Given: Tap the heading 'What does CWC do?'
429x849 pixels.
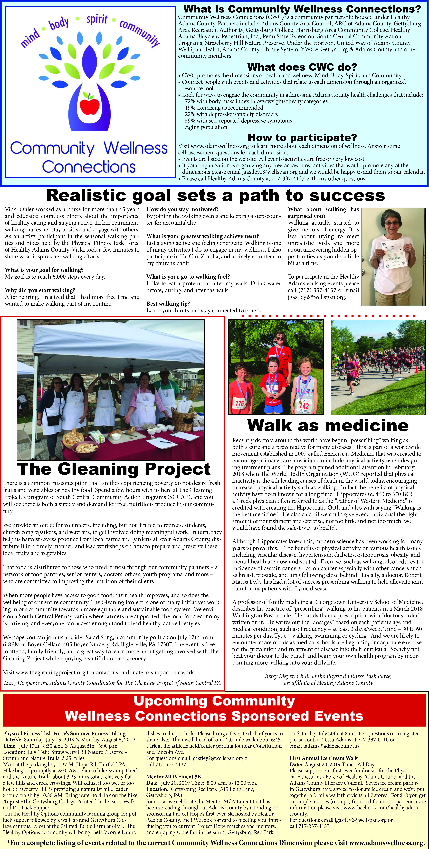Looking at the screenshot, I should [x=302, y=67].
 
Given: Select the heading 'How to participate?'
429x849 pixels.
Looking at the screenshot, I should [x=302, y=137].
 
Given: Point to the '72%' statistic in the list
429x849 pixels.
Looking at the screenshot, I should [x=190, y=101].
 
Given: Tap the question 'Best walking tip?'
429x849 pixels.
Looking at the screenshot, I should [x=168, y=304].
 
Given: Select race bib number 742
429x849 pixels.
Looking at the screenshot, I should [x=304, y=405].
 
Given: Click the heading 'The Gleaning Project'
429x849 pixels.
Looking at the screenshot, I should [x=114, y=469].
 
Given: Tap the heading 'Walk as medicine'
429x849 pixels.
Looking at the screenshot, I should [x=328, y=425].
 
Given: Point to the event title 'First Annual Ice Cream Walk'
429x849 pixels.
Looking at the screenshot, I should [x=323, y=758].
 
